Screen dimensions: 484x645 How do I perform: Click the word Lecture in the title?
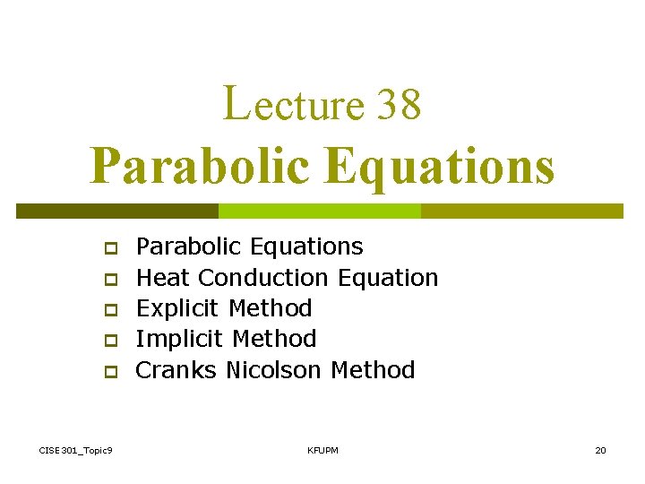click(x=292, y=104)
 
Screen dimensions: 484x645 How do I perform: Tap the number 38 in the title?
click(x=400, y=104)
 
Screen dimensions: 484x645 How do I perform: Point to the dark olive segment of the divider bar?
click(x=117, y=211)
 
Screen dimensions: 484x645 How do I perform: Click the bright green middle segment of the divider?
click(x=320, y=211)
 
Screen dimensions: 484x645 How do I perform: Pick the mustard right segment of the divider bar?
click(x=522, y=211)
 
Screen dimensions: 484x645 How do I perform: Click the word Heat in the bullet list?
click(x=164, y=278)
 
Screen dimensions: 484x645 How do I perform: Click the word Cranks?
click(x=176, y=369)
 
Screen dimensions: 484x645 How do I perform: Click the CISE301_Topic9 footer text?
click(x=76, y=449)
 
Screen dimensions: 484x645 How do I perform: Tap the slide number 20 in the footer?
click(x=600, y=449)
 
